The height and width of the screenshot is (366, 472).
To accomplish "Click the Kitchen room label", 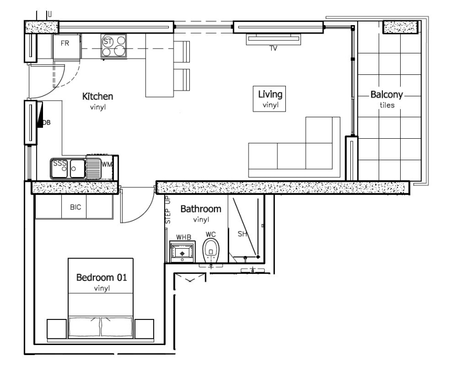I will click(x=98, y=96).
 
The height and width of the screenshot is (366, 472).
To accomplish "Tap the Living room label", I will click(x=270, y=94).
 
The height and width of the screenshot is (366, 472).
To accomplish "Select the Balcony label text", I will click(x=387, y=95).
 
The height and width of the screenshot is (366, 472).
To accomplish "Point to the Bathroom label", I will click(x=200, y=209).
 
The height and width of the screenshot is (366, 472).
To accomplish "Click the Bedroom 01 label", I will click(x=101, y=278).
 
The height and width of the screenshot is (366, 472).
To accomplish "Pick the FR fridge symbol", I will click(x=66, y=44).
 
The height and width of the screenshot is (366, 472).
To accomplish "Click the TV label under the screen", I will click(x=273, y=49).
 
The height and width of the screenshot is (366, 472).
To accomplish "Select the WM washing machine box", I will click(x=106, y=164).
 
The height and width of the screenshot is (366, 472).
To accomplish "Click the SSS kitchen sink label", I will click(x=60, y=163).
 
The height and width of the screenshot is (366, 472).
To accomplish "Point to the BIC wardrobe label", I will click(x=76, y=207).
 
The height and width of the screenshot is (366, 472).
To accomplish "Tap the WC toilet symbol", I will click(x=210, y=250).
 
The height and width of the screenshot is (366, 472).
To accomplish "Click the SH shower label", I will click(x=242, y=234).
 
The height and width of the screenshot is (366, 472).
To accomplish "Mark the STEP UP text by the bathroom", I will click(x=168, y=209).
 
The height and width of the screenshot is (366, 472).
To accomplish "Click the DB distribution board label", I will click(x=46, y=123).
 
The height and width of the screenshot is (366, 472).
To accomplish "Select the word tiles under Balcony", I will click(x=387, y=105).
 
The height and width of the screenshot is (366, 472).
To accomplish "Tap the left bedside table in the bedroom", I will click(x=57, y=329).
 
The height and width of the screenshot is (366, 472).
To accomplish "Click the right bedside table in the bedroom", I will click(x=144, y=329).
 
